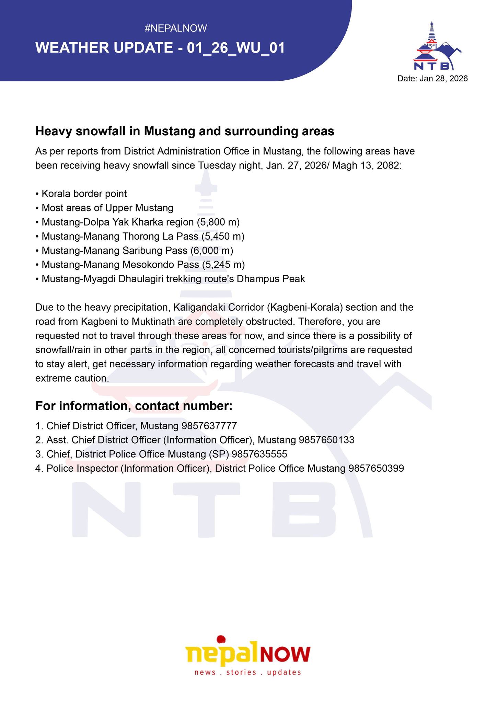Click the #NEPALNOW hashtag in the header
(x=176, y=28)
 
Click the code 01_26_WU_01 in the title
(x=236, y=48)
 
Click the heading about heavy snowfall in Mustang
(x=185, y=131)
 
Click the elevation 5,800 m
(x=218, y=222)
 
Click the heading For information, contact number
(x=134, y=406)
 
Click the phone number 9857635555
(x=259, y=454)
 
